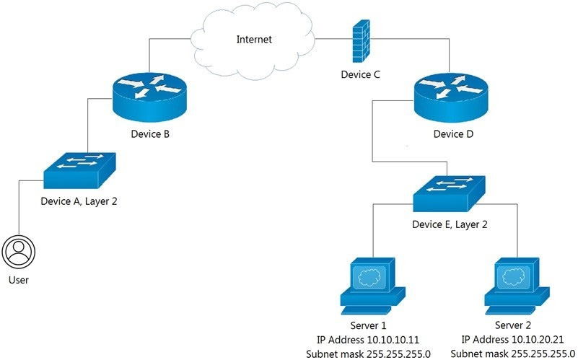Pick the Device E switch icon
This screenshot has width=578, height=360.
pyautogui.click(x=450, y=193)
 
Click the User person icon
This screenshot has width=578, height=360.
pyautogui.click(x=19, y=251)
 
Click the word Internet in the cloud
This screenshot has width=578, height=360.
pyautogui.click(x=254, y=40)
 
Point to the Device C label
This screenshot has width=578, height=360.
pyautogui.click(x=361, y=74)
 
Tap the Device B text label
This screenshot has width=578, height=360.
pyautogui.click(x=150, y=134)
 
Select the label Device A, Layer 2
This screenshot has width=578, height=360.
pyautogui.click(x=79, y=202)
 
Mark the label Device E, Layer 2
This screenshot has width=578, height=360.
pyautogui.click(x=450, y=224)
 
